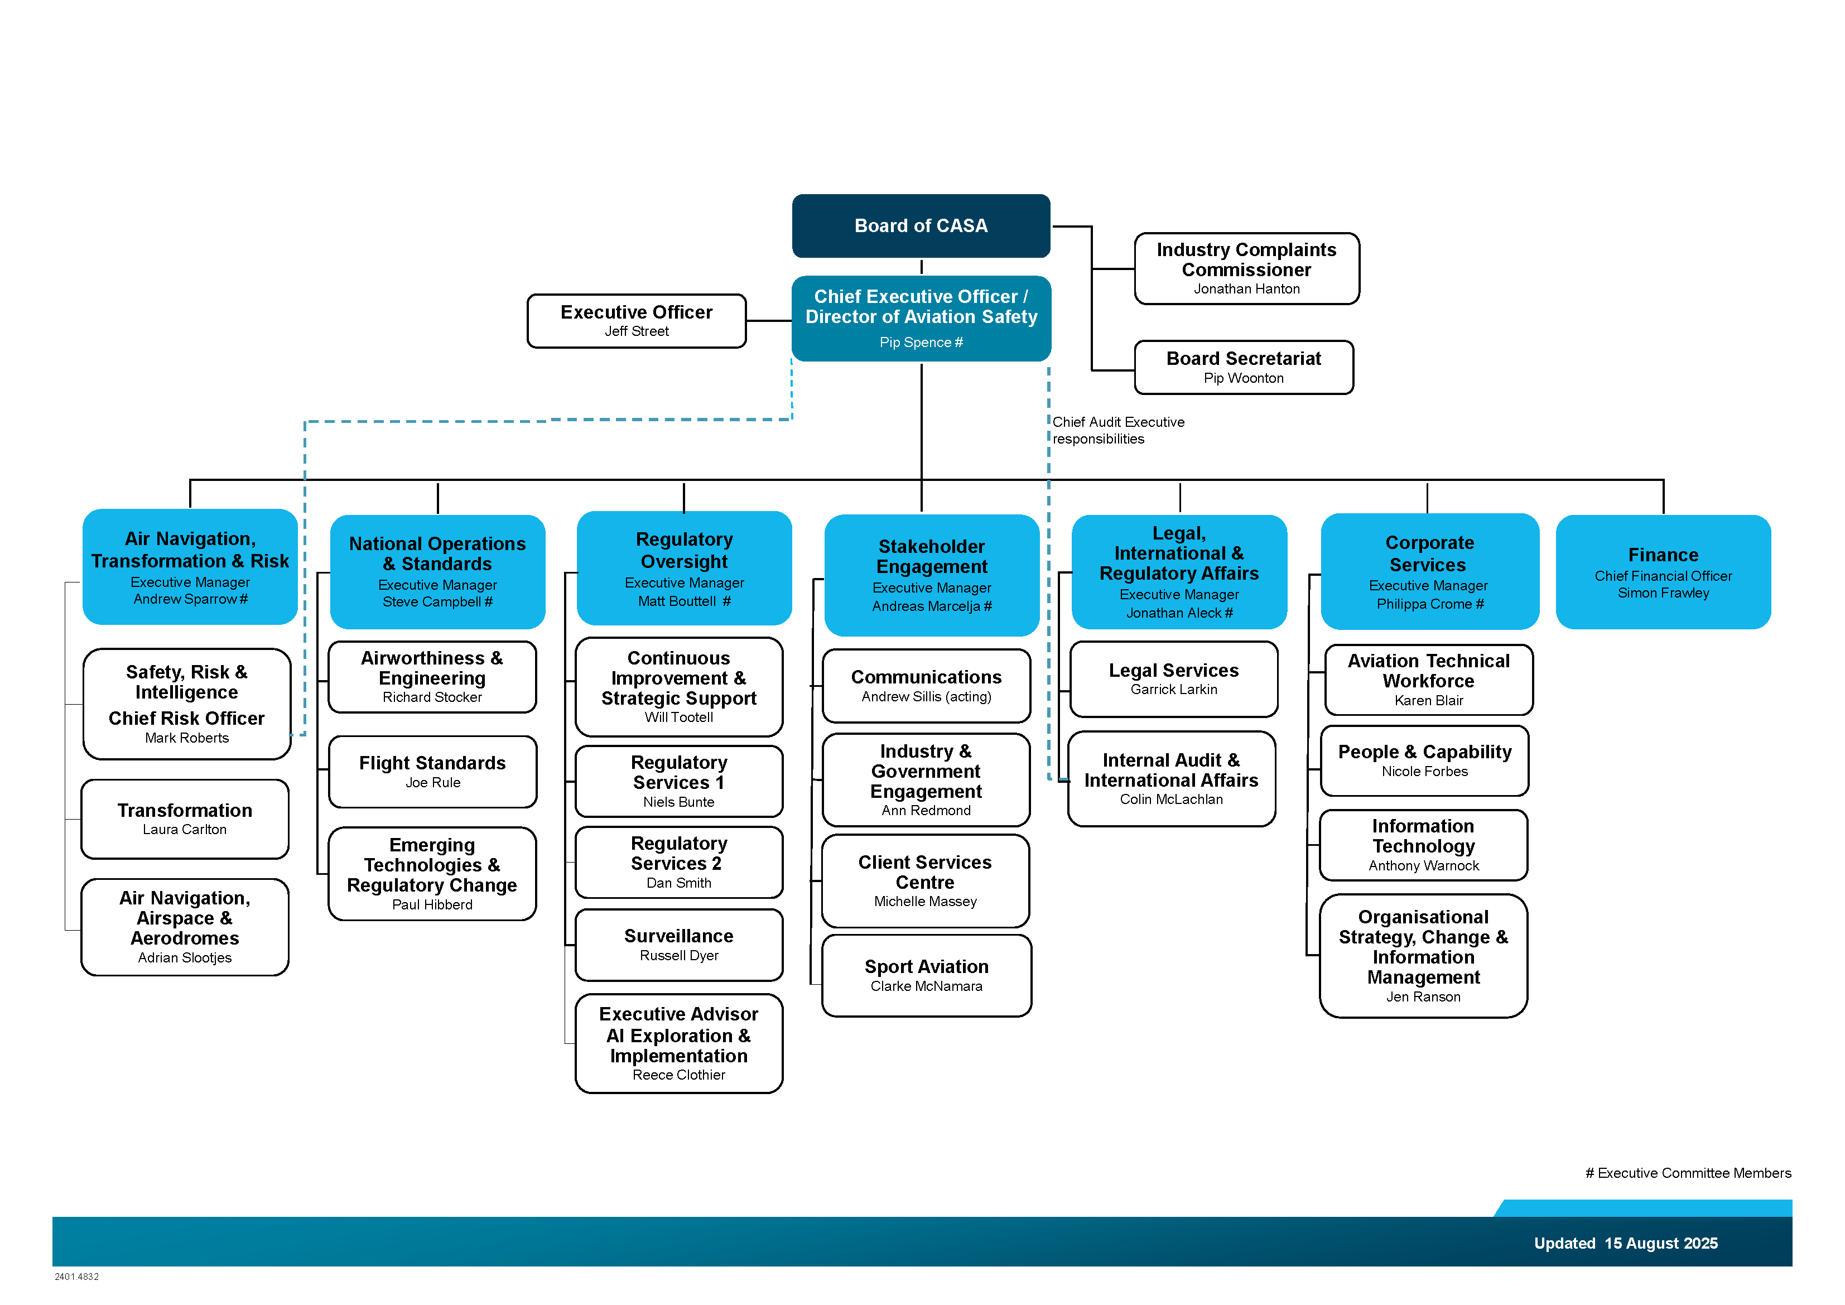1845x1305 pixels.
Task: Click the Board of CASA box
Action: (x=921, y=226)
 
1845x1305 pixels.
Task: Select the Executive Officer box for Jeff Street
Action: (x=637, y=321)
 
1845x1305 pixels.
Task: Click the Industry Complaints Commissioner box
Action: (x=1246, y=268)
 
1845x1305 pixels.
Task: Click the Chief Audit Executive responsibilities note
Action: (x=1118, y=430)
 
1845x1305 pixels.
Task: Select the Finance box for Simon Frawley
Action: (x=1663, y=572)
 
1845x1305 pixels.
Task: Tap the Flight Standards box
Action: (x=432, y=772)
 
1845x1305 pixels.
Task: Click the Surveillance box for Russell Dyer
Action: (x=679, y=945)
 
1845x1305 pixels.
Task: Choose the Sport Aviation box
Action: (x=927, y=975)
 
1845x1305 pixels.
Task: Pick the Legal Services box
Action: (x=1174, y=679)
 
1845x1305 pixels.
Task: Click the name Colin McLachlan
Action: (x=1171, y=800)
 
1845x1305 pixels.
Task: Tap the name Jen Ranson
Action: (x=1423, y=997)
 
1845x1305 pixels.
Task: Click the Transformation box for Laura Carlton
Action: (x=185, y=819)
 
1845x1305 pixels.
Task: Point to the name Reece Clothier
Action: (x=678, y=1075)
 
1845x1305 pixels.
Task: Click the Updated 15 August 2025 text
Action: (x=1626, y=1243)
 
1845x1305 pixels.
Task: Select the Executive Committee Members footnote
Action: (x=1688, y=1173)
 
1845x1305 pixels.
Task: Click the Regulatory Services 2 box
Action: (x=679, y=862)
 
